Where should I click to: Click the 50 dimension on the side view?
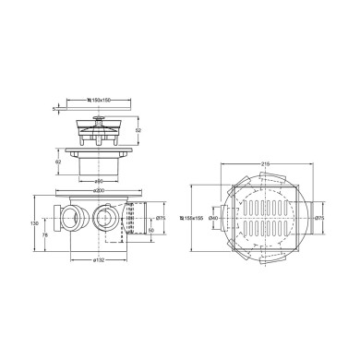[150, 231]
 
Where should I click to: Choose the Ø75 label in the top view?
[320, 218]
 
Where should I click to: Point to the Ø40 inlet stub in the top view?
[224, 218]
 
